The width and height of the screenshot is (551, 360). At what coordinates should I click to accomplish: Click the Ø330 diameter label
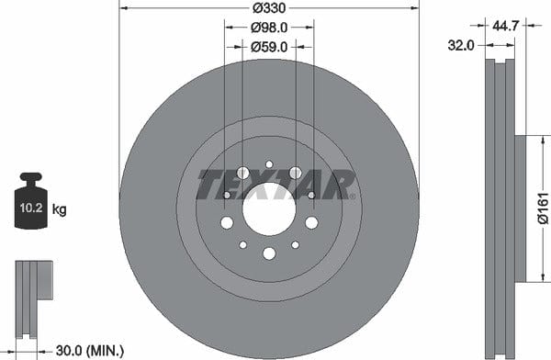point(269,7)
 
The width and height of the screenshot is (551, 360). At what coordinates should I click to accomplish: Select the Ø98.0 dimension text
point(269,28)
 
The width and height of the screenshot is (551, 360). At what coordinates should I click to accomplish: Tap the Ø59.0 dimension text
point(269,47)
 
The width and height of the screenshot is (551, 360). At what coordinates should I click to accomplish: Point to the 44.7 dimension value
point(505,26)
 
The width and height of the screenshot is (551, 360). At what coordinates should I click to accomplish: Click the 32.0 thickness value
point(461,45)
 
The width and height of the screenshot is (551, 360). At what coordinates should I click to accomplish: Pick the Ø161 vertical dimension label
point(543,208)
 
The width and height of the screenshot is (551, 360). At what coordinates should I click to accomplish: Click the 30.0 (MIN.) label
point(90,350)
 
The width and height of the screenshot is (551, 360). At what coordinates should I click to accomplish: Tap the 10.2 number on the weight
point(31,208)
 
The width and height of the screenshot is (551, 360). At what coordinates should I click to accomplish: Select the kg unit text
point(59,209)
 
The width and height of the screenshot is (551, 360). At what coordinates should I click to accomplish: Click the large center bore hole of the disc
point(269,208)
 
